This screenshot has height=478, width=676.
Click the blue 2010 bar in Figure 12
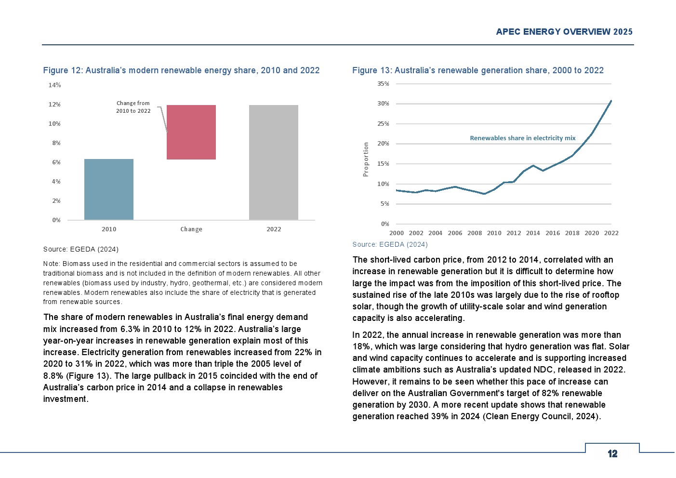click(x=109, y=189)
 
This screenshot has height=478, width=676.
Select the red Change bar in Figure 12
click(x=191, y=132)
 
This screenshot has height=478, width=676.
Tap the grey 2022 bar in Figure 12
click(x=274, y=162)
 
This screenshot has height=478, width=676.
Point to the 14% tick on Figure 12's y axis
click(x=54, y=85)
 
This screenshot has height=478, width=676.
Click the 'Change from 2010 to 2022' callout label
click(x=133, y=107)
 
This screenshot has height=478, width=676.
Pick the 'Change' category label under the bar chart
click(x=191, y=229)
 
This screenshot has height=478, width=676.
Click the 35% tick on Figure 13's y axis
click(x=383, y=84)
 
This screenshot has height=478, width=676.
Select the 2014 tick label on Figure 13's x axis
click(x=533, y=233)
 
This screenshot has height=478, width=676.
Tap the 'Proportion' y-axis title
click(x=366, y=159)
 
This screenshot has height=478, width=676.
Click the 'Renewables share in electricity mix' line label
click(x=523, y=138)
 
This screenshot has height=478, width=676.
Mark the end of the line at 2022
click(x=611, y=101)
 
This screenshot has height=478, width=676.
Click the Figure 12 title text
click(x=182, y=70)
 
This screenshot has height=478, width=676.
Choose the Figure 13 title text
click(x=478, y=70)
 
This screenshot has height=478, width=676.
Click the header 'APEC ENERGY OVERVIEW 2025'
click(x=564, y=32)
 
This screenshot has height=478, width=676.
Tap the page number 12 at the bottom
click(x=612, y=454)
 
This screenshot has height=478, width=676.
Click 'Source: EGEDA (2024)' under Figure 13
click(x=390, y=244)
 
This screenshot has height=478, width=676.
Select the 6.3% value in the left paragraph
click(x=130, y=329)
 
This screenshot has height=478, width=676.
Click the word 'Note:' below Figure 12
click(x=52, y=264)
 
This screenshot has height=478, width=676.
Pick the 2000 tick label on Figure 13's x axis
click(x=397, y=233)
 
